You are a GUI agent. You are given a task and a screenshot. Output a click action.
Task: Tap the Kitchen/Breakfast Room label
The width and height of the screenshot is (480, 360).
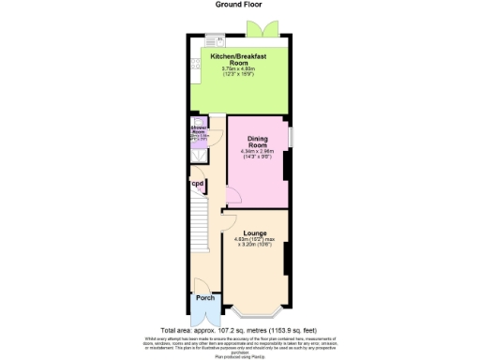point(232,60)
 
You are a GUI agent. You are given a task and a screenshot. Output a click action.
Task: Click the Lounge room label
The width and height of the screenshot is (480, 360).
point(254,232)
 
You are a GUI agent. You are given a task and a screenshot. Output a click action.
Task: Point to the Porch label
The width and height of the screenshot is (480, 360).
point(204,299)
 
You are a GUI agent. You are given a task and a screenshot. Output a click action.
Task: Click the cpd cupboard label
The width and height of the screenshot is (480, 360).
point(198,184)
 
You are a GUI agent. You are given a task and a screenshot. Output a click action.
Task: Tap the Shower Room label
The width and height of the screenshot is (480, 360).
point(198,129)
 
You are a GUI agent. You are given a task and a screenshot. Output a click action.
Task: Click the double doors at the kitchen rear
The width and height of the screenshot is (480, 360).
point(273,28)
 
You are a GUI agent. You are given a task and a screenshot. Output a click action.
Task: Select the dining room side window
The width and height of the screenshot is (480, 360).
point(290,136)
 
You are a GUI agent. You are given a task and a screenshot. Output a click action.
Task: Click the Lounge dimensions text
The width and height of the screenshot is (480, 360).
point(254,244)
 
